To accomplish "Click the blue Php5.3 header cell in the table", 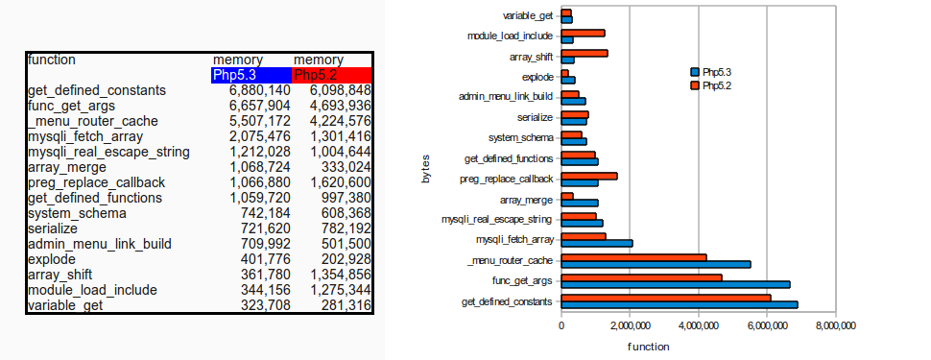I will [x=251, y=75].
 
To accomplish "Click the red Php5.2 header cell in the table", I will [x=331, y=75].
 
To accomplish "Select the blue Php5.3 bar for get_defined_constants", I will [x=679, y=304].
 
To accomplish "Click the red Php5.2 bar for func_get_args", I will [x=641, y=277].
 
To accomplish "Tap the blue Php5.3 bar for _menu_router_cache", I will [x=656, y=263].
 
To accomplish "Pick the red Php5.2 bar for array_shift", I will [x=585, y=53].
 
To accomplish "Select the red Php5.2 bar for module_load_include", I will [x=583, y=33].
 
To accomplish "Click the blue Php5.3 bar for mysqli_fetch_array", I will [x=596, y=243].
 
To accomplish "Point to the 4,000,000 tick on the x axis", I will [x=698, y=326].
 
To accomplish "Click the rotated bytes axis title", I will [x=425, y=167].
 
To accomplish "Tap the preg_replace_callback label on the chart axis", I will [x=506, y=179].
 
